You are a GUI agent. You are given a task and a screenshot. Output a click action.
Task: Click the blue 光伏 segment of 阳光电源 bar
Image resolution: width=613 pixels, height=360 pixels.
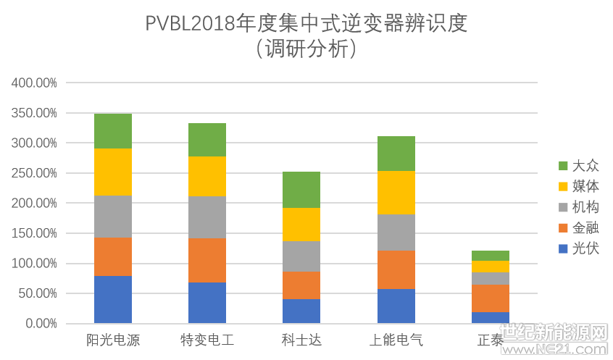click(113, 299)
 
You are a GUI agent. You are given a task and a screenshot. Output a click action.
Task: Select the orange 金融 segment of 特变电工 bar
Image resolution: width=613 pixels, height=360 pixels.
click(207, 260)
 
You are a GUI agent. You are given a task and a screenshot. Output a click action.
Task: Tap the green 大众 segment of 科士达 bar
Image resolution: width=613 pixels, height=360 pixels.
click(301, 190)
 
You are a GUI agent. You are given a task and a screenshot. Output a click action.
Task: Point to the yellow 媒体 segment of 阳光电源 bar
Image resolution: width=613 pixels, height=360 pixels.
click(113, 172)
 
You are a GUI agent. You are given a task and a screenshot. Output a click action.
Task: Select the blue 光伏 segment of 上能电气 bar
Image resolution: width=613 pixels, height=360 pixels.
click(396, 306)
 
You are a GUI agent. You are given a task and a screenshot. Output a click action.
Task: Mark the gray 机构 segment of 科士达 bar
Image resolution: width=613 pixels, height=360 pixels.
click(301, 256)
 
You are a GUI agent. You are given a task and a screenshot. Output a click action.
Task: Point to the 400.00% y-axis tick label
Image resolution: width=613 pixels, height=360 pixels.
click(35, 83)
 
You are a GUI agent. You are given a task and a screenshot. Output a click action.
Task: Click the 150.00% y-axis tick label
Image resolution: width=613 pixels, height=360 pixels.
click(35, 233)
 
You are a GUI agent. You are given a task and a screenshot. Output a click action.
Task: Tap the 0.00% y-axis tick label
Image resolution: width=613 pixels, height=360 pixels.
click(39, 324)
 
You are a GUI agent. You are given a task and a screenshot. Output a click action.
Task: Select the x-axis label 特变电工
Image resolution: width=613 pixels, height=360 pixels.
click(207, 340)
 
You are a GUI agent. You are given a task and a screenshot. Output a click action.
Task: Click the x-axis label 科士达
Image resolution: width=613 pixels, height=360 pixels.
click(301, 340)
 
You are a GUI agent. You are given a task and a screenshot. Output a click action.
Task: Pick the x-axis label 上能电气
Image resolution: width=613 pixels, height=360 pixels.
click(396, 340)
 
